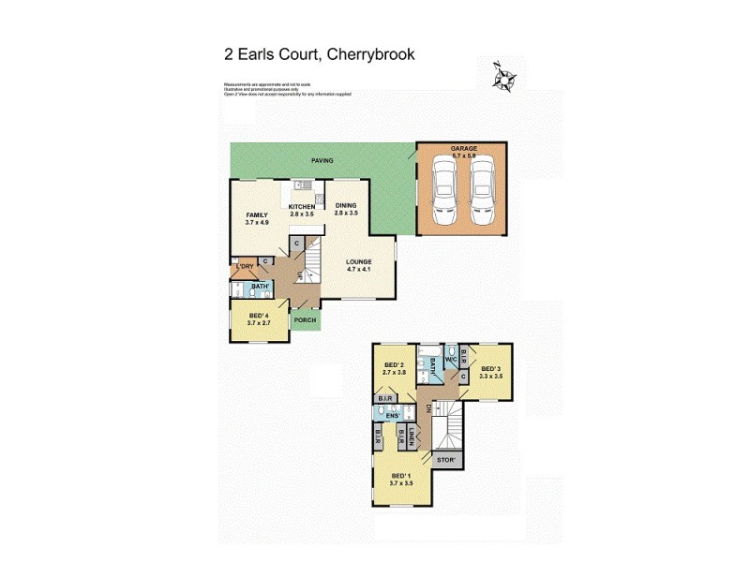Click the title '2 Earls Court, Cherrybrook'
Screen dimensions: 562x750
[319, 54]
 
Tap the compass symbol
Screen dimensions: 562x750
[504, 78]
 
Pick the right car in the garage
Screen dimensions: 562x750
[482, 190]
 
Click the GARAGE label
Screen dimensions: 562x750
[463, 149]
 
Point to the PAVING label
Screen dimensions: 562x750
[322, 160]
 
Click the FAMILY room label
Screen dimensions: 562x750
[257, 214]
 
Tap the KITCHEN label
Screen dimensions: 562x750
[302, 207]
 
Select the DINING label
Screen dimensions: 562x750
[347, 207]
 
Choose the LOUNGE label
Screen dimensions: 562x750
[358, 261]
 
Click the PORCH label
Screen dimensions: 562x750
[305, 320]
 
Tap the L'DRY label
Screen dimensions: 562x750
[245, 266]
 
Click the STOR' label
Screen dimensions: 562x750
[446, 460]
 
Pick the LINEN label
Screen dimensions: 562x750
[412, 436]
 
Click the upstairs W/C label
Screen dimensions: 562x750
[451, 357]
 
